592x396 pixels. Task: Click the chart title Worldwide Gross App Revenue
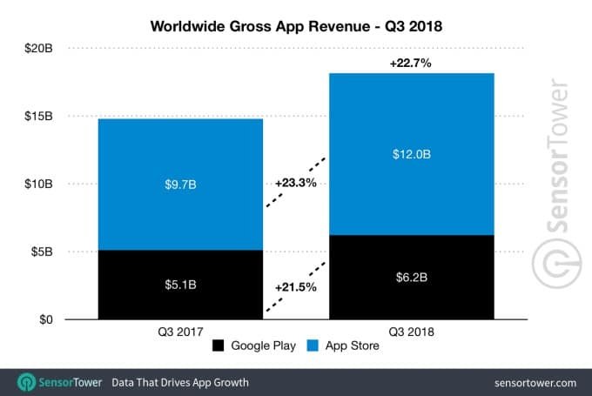pos(296,24)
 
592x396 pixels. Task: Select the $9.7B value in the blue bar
pos(180,185)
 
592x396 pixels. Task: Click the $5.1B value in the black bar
pos(180,285)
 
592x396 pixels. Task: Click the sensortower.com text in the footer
pos(533,382)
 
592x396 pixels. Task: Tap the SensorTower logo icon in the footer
pos(27,382)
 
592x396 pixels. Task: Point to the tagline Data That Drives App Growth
pos(179,382)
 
